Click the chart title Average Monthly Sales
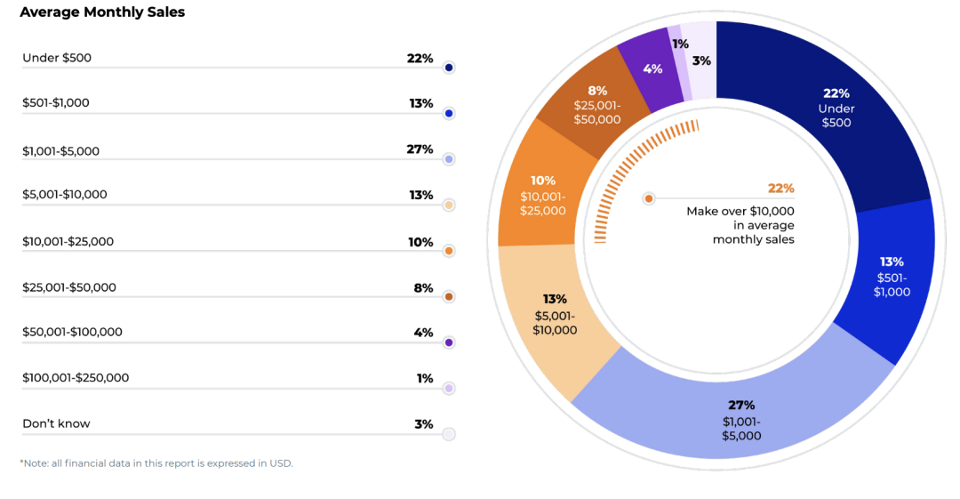(x=102, y=12)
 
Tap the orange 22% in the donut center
(x=780, y=189)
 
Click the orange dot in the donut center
(x=649, y=198)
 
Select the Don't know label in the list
(x=56, y=423)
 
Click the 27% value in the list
(x=420, y=149)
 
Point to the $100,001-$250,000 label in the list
(x=76, y=377)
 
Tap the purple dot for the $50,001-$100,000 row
(x=449, y=342)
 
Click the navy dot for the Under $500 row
(x=449, y=68)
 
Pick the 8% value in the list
(x=423, y=287)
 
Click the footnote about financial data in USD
(x=156, y=463)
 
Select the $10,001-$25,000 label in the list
(x=68, y=241)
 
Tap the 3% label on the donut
(x=701, y=60)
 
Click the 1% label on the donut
(x=680, y=44)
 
